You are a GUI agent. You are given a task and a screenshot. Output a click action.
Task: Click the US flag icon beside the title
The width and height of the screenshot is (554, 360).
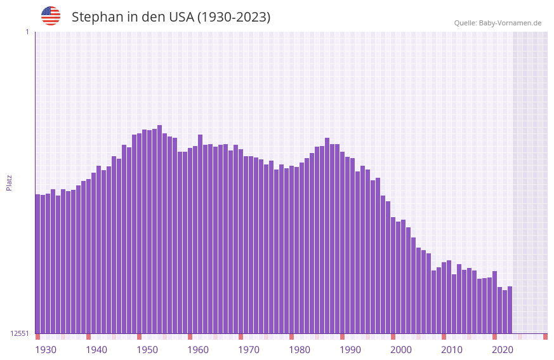[51, 16]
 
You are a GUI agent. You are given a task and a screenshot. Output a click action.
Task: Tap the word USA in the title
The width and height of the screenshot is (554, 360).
[181, 17]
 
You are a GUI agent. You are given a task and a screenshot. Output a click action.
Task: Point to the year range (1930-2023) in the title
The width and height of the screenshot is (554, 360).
[234, 17]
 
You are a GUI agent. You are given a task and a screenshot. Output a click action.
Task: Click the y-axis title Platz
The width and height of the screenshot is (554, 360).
[9, 182]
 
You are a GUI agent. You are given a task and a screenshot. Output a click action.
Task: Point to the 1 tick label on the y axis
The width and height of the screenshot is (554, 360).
[27, 32]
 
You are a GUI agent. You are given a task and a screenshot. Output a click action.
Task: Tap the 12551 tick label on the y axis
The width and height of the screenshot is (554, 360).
[20, 333]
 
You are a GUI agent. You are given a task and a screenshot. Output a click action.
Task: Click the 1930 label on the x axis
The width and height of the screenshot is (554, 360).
[46, 350]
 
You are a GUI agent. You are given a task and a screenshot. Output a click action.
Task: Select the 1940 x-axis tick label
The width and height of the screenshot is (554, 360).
[96, 350]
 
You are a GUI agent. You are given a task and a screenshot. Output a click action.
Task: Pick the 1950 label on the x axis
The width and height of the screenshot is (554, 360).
[147, 350]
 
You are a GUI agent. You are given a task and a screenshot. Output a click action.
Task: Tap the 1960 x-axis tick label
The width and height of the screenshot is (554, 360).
[198, 350]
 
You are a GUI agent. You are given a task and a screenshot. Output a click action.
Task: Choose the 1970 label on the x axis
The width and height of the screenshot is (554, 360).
[249, 350]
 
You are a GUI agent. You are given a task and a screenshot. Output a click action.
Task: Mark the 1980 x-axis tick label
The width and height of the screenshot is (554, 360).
[300, 350]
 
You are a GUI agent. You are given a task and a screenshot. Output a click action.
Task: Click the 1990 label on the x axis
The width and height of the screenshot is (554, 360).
[350, 350]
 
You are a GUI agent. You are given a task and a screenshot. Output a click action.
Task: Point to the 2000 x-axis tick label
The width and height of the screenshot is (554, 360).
[401, 350]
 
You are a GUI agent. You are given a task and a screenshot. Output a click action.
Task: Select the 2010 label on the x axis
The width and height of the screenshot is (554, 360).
[452, 350]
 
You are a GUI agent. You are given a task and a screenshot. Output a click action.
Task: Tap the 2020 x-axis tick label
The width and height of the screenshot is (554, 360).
[503, 350]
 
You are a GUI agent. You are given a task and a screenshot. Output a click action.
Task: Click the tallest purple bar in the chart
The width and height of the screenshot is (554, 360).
[160, 229]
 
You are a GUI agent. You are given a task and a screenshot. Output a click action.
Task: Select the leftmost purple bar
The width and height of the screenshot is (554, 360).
[38, 263]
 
